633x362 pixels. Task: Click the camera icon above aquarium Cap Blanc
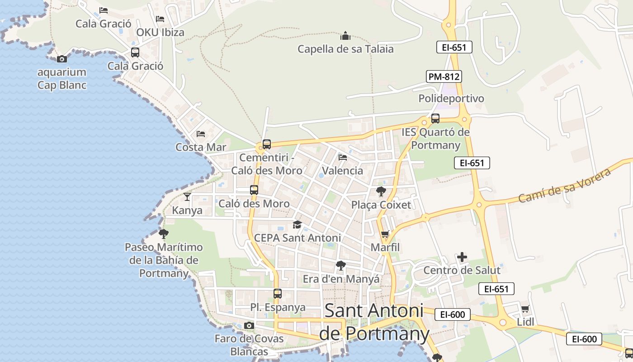62,59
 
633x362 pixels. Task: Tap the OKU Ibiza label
160,33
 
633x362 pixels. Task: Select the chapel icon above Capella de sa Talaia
345,36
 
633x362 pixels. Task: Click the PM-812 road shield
444,76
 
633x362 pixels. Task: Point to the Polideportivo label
451,98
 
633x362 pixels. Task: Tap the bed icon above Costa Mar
201,134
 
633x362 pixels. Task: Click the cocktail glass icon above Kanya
187,197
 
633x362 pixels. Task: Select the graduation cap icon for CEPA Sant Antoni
297,224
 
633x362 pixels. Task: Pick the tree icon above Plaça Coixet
381,191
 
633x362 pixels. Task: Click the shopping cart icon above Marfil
385,234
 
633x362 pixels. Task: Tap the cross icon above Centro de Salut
462,257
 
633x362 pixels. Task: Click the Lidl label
525,322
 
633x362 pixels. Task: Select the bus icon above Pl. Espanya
278,294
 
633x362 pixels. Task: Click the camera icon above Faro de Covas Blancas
249,325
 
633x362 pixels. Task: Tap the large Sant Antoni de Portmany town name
374,322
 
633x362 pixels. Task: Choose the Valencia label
343,171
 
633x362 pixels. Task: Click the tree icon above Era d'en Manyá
341,266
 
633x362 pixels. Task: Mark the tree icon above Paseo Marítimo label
164,234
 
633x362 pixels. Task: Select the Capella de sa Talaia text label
345,49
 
